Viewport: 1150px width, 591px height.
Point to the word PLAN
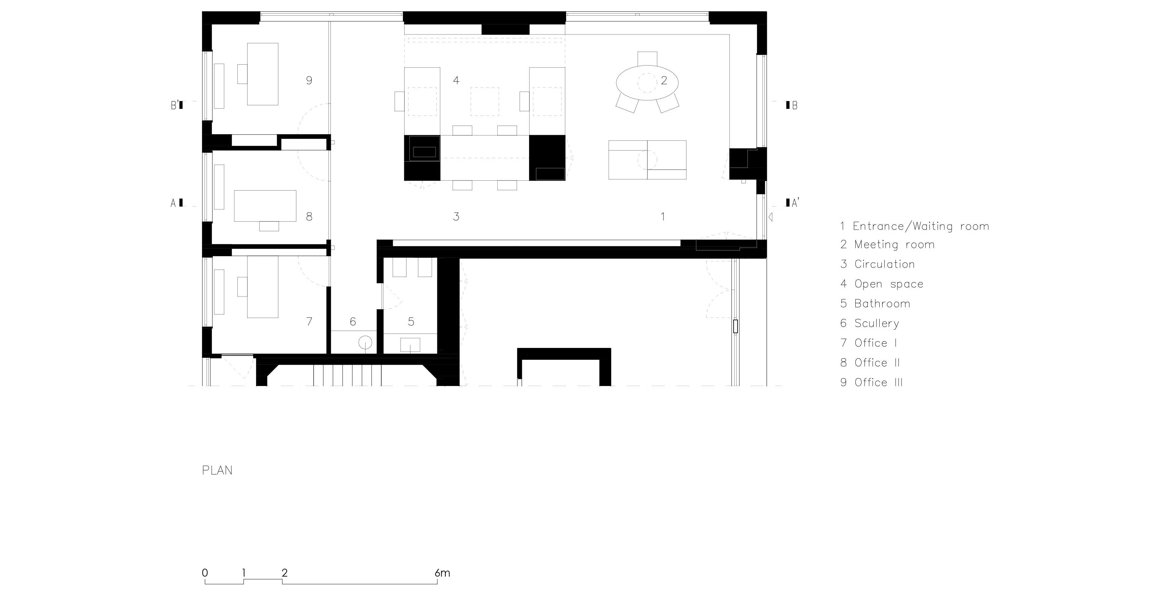pos(217,470)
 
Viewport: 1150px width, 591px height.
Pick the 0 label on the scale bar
pos(205,573)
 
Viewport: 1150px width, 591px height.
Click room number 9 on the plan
pos(309,80)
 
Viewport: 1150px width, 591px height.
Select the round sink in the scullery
pos(366,343)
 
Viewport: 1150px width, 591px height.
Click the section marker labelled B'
pos(177,105)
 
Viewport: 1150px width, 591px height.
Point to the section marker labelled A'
pos(792,203)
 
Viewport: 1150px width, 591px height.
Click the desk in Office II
pos(265,206)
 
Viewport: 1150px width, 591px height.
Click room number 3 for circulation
pos(456,217)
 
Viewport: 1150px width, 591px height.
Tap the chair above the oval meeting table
pos(647,58)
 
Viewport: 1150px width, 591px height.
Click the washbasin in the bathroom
pos(410,345)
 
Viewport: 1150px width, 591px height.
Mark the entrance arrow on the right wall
pos(770,217)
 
